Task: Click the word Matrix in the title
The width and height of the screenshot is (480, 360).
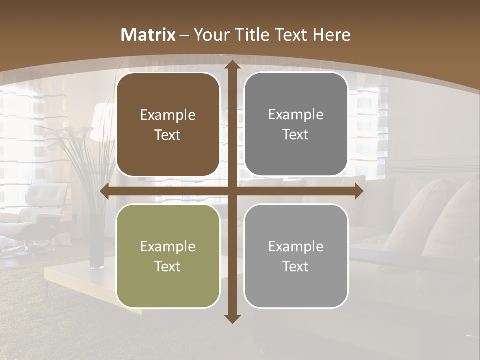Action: coord(148,35)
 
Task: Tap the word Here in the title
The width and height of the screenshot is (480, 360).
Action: coord(331,35)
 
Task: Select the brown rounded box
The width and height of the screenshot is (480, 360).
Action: coord(168,125)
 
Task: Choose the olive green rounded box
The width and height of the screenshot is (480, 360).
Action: coord(168,256)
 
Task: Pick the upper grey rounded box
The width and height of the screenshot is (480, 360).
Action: coord(296,124)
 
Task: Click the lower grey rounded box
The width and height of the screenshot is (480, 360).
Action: coord(296,256)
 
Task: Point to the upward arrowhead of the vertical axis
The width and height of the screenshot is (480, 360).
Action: coord(232,65)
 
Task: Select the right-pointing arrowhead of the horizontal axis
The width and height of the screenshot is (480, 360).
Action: coord(359,191)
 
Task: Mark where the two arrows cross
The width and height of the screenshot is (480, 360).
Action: coord(232,191)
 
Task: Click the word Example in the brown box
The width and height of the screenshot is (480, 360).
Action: coord(168,115)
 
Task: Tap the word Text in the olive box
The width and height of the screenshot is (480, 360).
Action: coord(168,266)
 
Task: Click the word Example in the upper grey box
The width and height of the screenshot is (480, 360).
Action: coord(296,115)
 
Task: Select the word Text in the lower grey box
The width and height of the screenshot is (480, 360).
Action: coord(296,266)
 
